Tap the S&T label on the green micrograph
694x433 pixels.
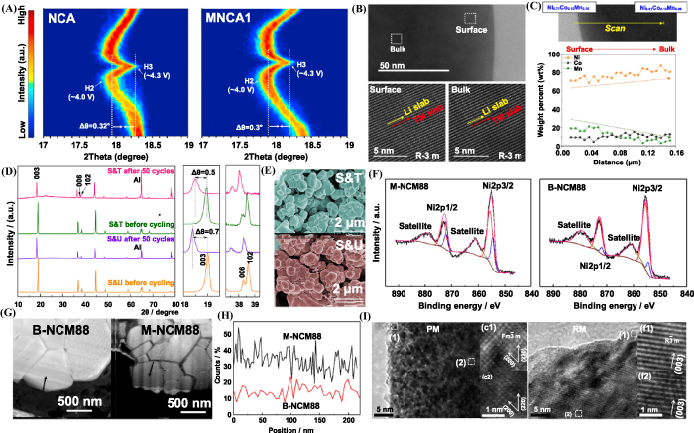[321, 175]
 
